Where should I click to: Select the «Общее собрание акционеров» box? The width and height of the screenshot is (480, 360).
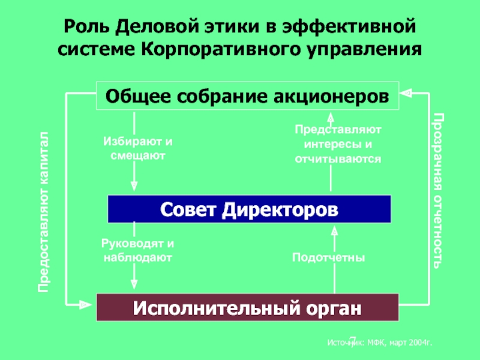click(248, 97)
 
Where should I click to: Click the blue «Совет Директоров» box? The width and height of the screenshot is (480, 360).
click(249, 209)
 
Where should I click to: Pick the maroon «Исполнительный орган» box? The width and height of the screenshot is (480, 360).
click(248, 308)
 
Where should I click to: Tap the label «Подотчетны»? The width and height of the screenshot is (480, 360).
click(329, 257)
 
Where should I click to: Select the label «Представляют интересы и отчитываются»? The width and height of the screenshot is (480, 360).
click(338, 145)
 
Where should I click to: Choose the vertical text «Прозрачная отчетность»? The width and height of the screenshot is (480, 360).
click(439, 191)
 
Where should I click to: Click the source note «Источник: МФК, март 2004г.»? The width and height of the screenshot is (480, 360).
click(380, 341)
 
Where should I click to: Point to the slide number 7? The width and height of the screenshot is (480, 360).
click(352, 339)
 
